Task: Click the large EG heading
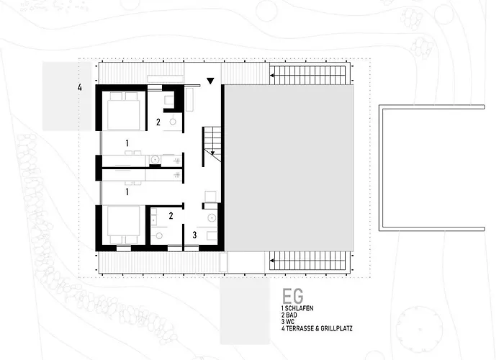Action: (x=292, y=296)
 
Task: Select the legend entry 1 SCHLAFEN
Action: (x=297, y=308)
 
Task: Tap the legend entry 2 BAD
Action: (x=289, y=315)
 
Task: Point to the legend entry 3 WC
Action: (x=288, y=322)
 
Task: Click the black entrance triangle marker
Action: (x=210, y=81)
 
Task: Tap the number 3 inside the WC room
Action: (x=194, y=235)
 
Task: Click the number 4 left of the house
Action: (x=80, y=87)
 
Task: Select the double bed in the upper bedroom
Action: (x=124, y=111)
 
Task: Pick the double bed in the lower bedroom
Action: (x=124, y=225)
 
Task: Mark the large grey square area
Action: (x=289, y=168)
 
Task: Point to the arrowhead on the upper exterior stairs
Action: (x=271, y=76)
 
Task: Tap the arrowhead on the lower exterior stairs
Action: (x=271, y=261)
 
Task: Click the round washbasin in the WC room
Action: (x=212, y=218)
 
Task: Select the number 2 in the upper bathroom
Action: (x=158, y=122)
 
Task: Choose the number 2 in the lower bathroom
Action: (x=171, y=216)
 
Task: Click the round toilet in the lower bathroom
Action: (x=159, y=235)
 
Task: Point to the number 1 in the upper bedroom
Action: (x=127, y=143)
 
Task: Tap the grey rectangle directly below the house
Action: (x=245, y=312)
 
